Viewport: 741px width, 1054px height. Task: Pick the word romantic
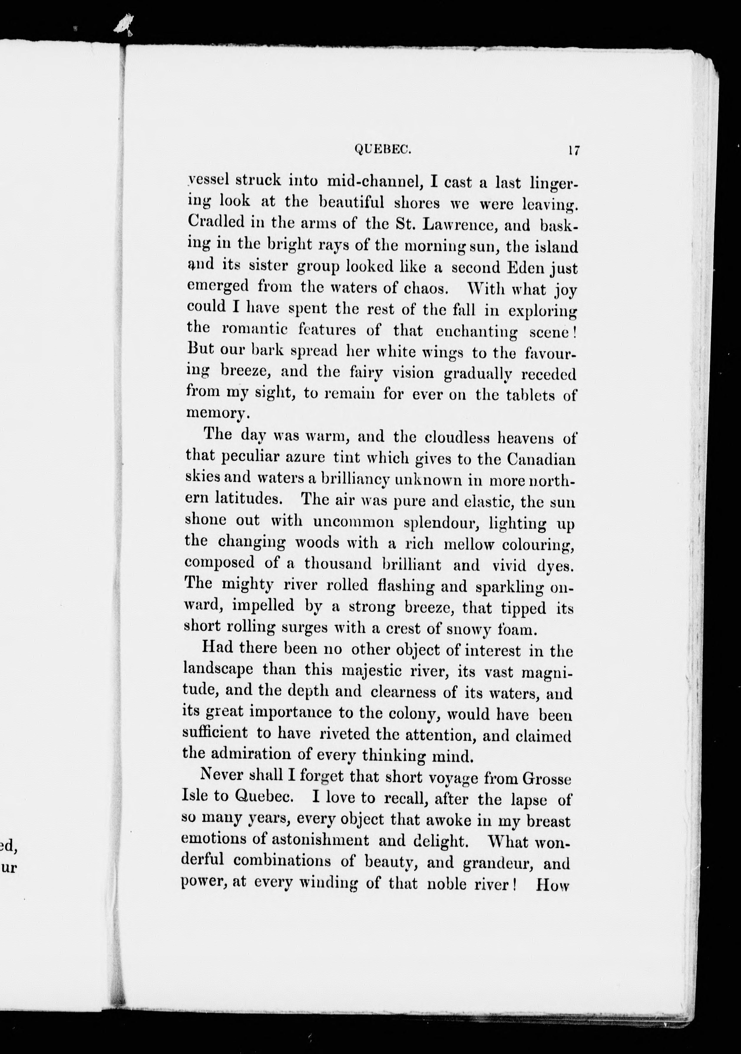click(x=255, y=330)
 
